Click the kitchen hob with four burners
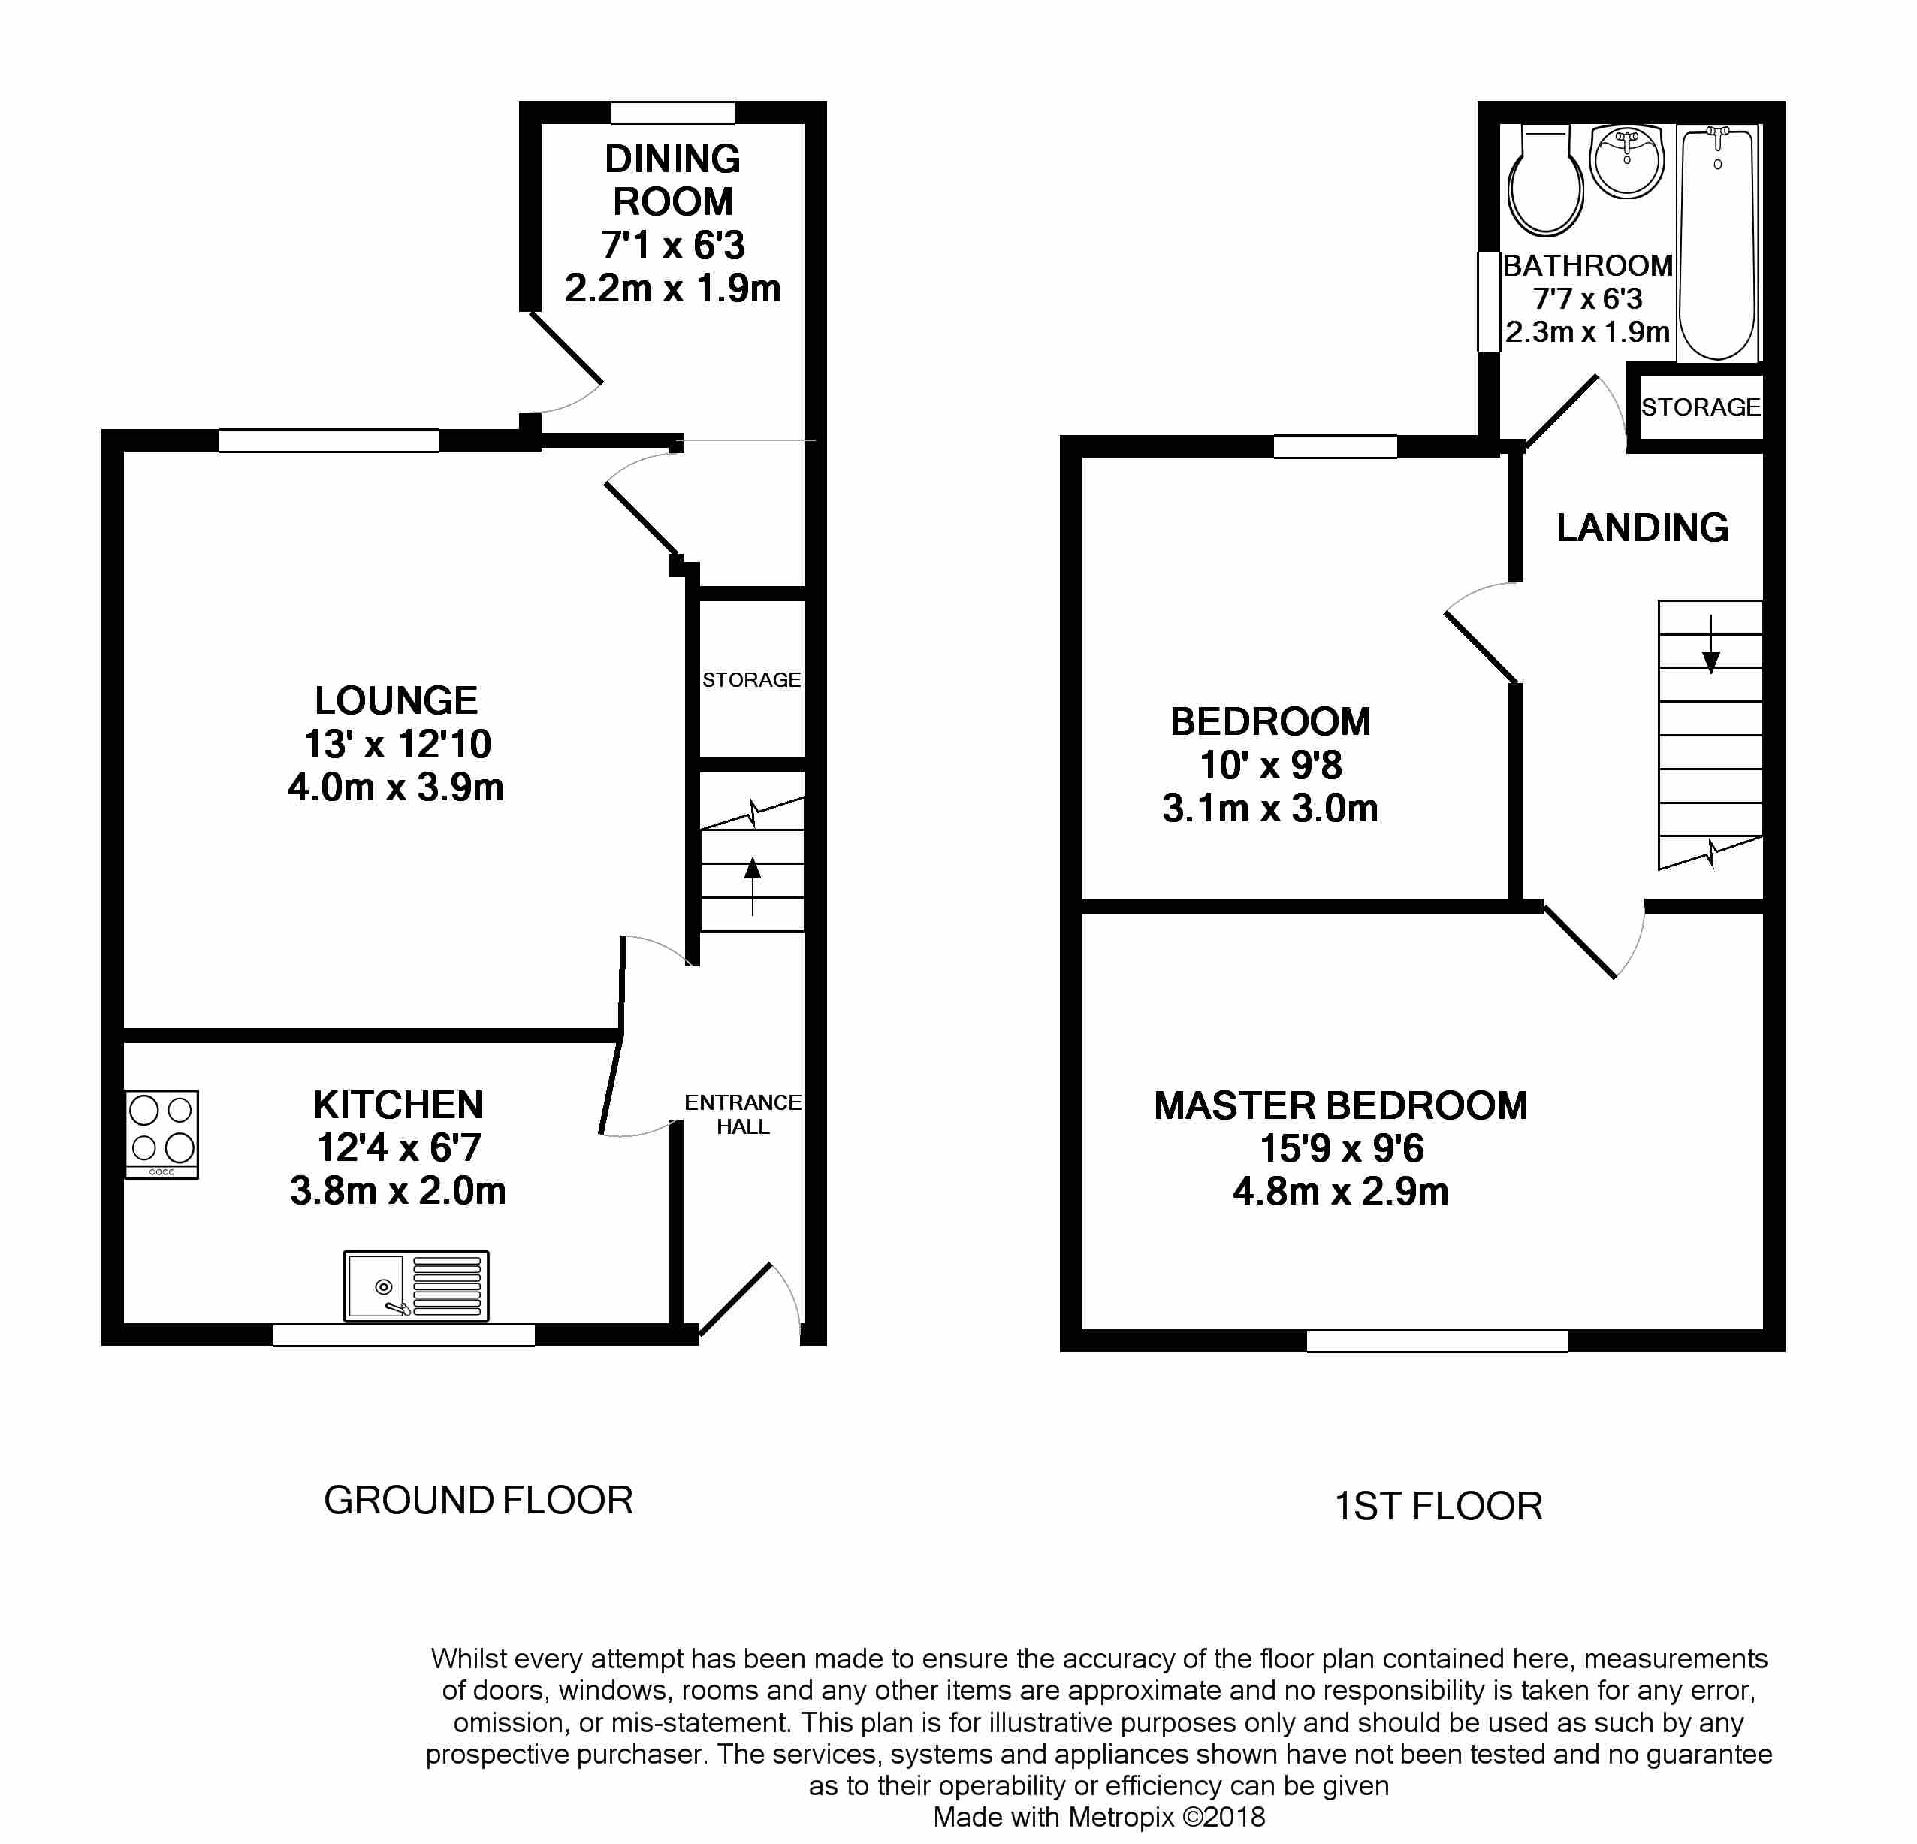coord(162,1135)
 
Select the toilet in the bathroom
coord(1545,181)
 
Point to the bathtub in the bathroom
coord(1717,243)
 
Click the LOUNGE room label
coord(396,700)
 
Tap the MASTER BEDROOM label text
coord(1341,1105)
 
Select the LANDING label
coord(1642,528)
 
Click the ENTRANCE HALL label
coord(744,1114)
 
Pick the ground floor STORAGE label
coord(751,680)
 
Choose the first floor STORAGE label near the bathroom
coord(1701,407)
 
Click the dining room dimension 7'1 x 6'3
coord(673,244)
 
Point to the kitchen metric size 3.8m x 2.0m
coord(398,1190)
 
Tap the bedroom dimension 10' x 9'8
coord(1270,765)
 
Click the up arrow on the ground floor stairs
coord(752,886)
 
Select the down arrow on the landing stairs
coord(1710,645)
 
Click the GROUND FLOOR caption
coord(478,1501)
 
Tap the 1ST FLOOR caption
coord(1439,1507)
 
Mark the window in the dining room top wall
coord(673,113)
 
